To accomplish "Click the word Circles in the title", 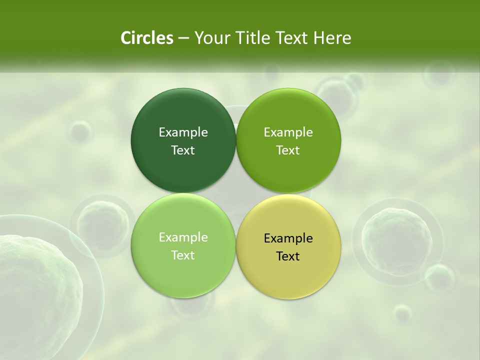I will coord(146,38).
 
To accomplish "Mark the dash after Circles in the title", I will coord(183,38).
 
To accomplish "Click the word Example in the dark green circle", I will coord(183,132).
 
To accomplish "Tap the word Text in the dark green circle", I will coord(183,150).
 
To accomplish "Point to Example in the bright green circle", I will coord(288,132).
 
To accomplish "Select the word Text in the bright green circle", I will coord(288,150).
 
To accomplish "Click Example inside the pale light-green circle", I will coord(183,237).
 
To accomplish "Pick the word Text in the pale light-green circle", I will coord(183,255).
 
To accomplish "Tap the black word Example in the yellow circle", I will coord(288,238).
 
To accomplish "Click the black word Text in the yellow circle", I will coord(288,256).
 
